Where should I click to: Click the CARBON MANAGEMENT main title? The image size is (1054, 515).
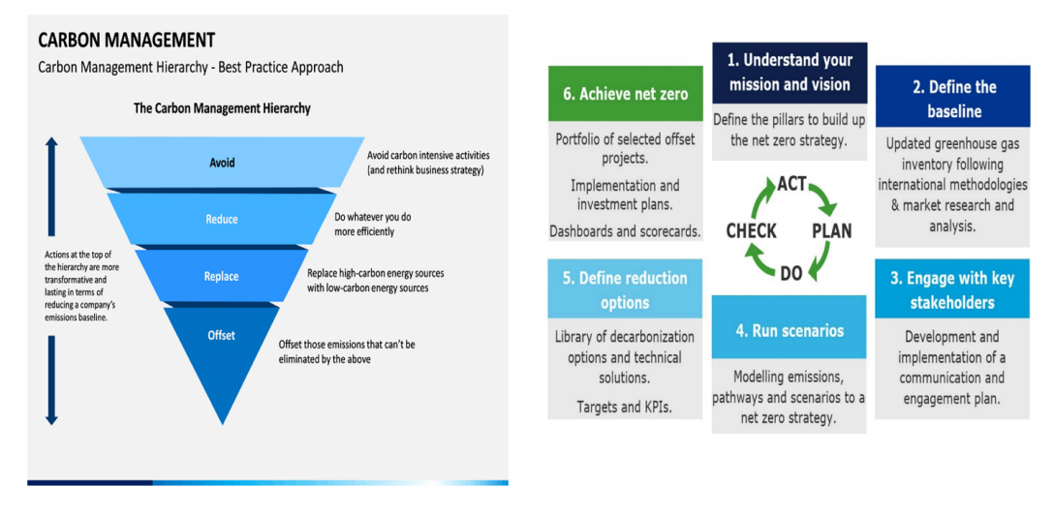tap(126, 41)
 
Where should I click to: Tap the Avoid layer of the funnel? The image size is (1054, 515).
tap(222, 163)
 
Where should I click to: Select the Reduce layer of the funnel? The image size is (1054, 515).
tap(222, 219)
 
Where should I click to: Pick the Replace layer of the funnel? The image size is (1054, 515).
tap(222, 276)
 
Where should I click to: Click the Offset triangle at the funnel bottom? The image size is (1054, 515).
tap(222, 339)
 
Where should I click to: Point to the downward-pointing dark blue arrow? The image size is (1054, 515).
tap(52, 378)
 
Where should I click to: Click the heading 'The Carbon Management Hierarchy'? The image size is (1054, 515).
tap(222, 108)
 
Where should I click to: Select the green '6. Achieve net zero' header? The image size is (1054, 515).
tap(625, 94)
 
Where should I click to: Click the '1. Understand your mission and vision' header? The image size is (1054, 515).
tap(789, 72)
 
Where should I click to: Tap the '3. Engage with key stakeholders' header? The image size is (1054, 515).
tap(951, 289)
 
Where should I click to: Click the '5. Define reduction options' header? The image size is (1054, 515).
tap(625, 289)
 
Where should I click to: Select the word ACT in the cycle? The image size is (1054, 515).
tap(791, 184)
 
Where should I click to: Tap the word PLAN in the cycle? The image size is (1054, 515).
tap(831, 231)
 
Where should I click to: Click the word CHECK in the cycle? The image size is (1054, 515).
tap(752, 230)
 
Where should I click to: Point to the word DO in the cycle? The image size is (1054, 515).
tap(791, 273)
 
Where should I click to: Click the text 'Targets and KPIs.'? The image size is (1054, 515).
tap(625, 407)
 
